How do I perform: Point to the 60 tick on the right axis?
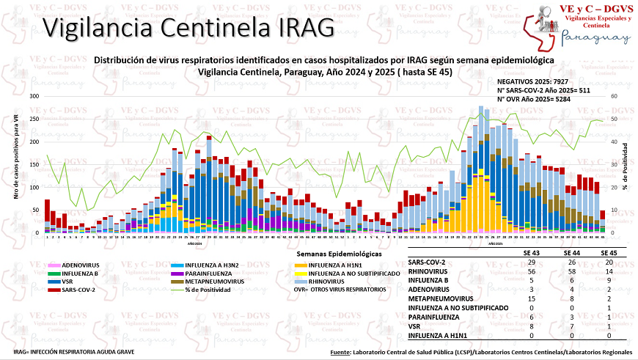[x=613, y=96]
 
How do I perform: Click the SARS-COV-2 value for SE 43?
[x=531, y=262]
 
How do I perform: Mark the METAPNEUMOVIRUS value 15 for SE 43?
[x=531, y=298]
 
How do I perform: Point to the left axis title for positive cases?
[x=15, y=164]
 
